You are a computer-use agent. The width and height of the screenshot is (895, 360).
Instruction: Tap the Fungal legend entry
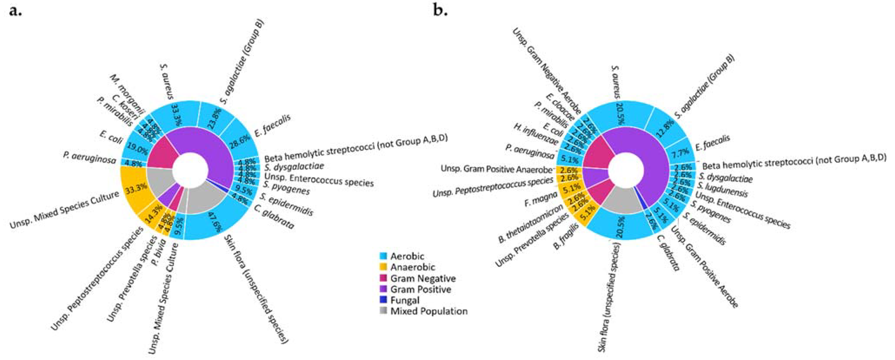point(404,300)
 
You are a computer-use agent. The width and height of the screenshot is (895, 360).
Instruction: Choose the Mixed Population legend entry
point(428,311)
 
